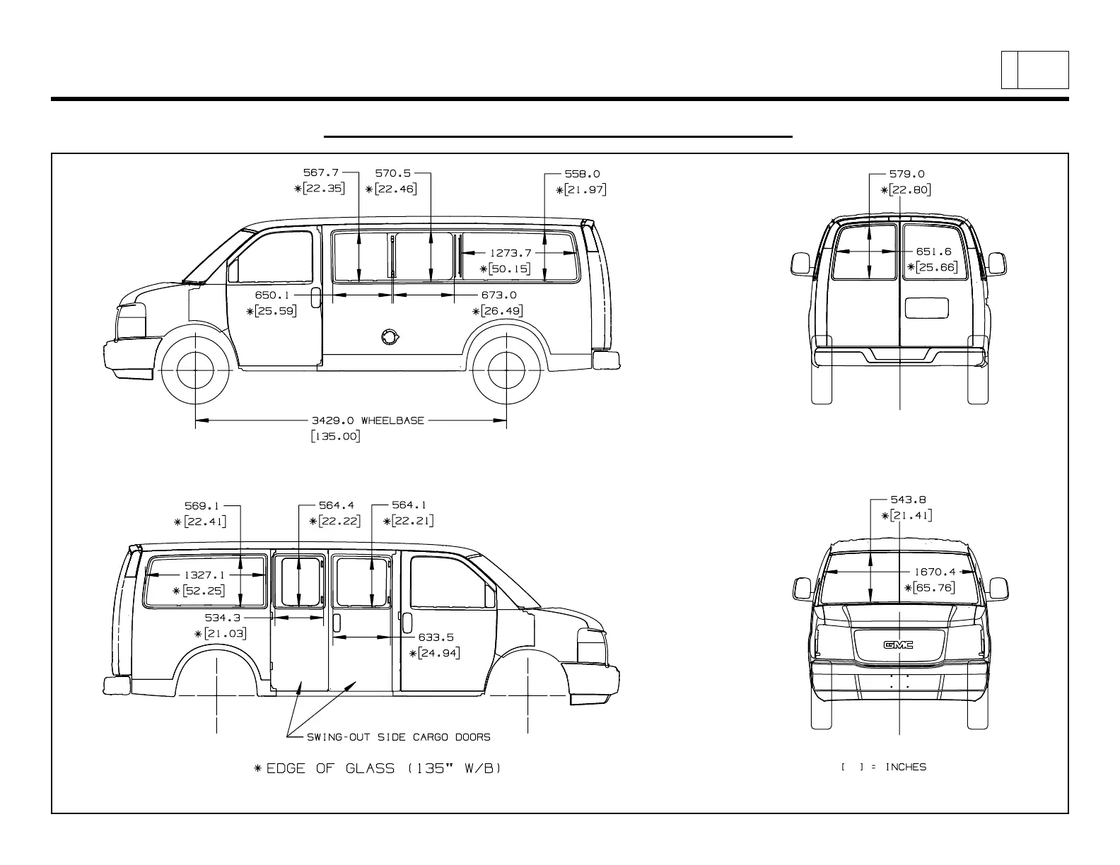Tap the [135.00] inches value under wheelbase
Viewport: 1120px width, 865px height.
coord(335,437)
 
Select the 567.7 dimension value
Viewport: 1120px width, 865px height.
coord(321,173)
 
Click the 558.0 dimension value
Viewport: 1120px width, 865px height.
coord(582,174)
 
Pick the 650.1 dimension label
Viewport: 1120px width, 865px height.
coord(272,295)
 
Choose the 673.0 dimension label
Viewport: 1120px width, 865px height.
coord(498,295)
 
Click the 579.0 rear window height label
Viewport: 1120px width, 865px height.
coord(907,174)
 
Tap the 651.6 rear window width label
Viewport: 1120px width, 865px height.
coord(933,252)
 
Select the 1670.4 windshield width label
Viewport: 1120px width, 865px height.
coord(934,572)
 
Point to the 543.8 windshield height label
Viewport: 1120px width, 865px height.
coord(908,500)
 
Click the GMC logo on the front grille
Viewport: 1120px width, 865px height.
coord(898,644)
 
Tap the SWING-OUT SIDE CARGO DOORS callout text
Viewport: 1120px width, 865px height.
coord(398,737)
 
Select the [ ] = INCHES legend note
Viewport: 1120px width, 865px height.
coord(884,767)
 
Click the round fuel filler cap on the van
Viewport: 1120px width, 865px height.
coord(388,337)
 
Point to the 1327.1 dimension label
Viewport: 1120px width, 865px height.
coord(205,575)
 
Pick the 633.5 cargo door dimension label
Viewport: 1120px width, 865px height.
coord(436,637)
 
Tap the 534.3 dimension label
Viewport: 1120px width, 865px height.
coord(223,617)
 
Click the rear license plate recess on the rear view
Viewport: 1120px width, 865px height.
coord(926,308)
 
